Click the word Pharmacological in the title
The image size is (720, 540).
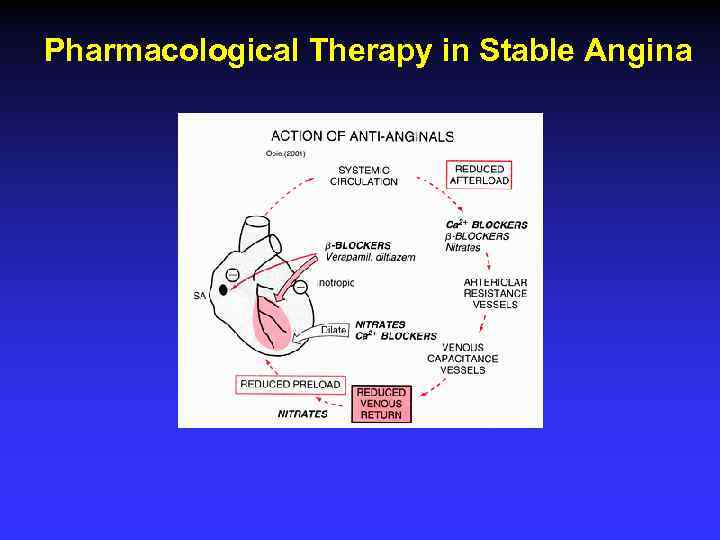(171, 51)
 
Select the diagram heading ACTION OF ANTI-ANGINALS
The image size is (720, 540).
(362, 136)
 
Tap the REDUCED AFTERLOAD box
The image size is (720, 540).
(479, 175)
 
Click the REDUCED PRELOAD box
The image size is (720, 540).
(291, 384)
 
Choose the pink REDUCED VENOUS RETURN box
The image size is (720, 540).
(381, 404)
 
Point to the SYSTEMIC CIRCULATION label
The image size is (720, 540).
(364, 176)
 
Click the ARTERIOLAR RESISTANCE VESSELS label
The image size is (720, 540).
(495, 293)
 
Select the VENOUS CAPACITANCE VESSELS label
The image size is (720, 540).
(462, 358)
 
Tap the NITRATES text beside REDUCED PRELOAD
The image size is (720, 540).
(302, 414)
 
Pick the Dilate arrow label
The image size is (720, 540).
(334, 330)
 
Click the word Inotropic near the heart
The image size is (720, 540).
(336, 283)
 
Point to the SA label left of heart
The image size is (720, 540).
(200, 295)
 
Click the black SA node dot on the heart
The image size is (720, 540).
(222, 290)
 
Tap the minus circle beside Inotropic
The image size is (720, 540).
(300, 288)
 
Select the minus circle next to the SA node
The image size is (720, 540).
(232, 274)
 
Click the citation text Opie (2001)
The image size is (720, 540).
(285, 153)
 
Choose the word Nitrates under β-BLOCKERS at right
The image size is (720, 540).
(463, 248)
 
